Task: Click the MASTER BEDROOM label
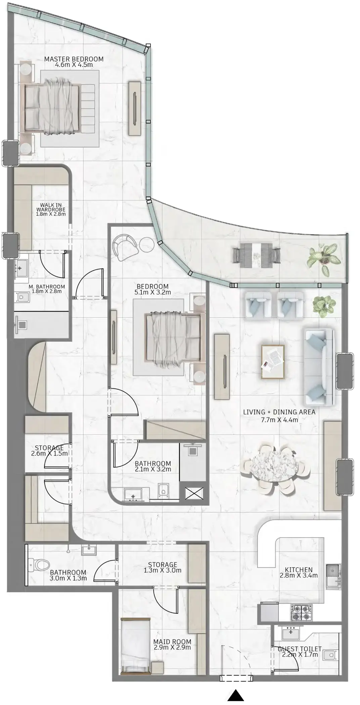tap(74, 59)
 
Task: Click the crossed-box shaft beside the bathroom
tap(194, 493)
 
